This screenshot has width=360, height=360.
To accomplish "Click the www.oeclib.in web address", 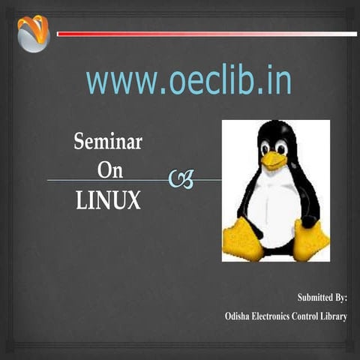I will tap(188, 81).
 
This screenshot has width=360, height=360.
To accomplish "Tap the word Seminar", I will tap(108, 141).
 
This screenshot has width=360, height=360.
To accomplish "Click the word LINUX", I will tap(108, 200).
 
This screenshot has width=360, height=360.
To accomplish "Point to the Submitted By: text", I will tap(322, 298).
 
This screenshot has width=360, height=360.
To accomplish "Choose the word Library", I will tap(339, 316).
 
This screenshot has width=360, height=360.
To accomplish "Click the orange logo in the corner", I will tap(32, 34).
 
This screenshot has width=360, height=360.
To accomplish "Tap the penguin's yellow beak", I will tap(274, 160).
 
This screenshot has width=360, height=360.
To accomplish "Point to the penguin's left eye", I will tap(266, 148).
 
